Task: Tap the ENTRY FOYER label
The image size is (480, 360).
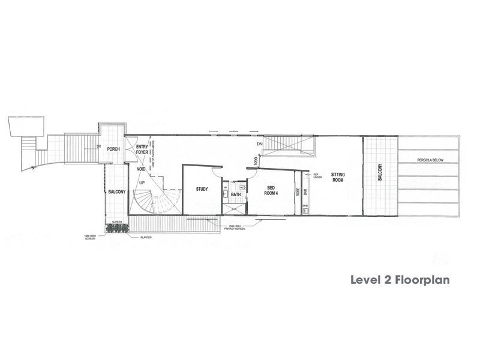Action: point(142,150)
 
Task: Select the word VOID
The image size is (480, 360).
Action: point(142,169)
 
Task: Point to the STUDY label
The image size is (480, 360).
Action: point(202,190)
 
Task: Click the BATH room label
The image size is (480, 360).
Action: point(236,194)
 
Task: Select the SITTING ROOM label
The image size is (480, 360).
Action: point(338,176)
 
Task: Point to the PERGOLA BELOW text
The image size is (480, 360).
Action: point(430,160)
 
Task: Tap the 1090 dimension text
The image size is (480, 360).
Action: point(256,161)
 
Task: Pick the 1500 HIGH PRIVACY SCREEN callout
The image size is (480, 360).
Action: point(235,228)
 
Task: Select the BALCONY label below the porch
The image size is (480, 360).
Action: point(116,191)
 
